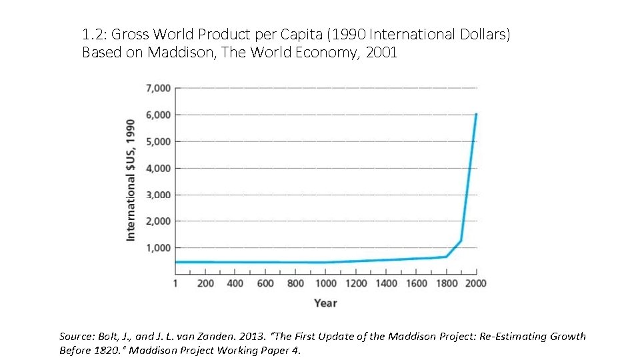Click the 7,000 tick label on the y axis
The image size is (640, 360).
coord(158,88)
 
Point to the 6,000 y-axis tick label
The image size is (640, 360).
coord(158,115)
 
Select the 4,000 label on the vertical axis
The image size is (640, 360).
coord(158,168)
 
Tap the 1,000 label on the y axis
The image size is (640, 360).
coord(158,248)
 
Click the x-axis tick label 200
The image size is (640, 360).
coord(206,283)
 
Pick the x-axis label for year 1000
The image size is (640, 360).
coord(325,283)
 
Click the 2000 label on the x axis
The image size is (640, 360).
coord(475,283)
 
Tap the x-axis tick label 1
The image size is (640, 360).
coord(176,283)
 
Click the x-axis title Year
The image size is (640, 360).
coord(325,303)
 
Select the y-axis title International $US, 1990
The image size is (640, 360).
coord(131,180)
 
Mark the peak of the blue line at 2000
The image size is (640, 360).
coord(476,114)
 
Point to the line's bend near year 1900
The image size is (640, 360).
coord(461,241)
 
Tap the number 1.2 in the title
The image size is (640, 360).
coord(91,34)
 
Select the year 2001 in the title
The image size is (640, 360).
coord(381,53)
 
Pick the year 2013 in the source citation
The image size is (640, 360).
coord(273,337)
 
